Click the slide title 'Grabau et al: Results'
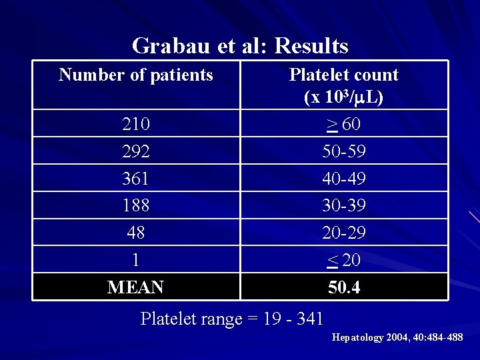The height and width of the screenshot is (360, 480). click(x=240, y=46)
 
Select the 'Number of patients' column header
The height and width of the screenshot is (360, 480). click(x=136, y=75)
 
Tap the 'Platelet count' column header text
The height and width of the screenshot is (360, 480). click(x=343, y=75)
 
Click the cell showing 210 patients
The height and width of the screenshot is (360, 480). click(x=136, y=124)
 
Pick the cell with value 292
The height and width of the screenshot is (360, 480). click(x=136, y=151)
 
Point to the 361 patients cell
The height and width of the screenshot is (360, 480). click(x=136, y=179)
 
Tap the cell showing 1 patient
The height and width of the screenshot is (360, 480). click(x=136, y=260)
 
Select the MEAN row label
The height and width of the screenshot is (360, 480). click(x=136, y=287)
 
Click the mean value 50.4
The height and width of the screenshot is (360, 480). click(x=343, y=287)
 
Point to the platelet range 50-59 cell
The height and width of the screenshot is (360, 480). click(x=343, y=151)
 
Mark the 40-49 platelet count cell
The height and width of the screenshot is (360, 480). click(x=343, y=179)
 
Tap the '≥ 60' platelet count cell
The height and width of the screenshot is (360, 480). click(x=343, y=124)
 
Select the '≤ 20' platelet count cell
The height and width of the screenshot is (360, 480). click(x=343, y=260)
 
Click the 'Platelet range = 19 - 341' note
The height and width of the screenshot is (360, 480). click(x=232, y=319)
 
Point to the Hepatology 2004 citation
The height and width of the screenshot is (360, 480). click(x=397, y=337)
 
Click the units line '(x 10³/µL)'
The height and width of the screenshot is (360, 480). click(x=343, y=97)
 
